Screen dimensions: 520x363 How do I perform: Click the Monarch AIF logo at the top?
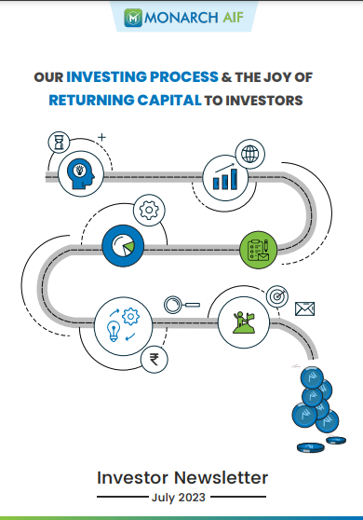tap(181, 17)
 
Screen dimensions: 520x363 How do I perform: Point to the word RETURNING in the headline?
tap(94, 100)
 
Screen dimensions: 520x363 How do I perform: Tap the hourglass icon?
tap(57, 143)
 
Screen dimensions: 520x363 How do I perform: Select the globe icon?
tap(249, 153)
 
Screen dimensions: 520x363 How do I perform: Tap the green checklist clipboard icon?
tap(258, 248)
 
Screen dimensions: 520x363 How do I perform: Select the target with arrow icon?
tap(276, 295)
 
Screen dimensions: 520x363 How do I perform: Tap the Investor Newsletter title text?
tap(182, 477)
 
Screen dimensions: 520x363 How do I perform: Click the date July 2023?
tap(181, 498)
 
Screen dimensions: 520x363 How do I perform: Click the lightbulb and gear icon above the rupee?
tap(119, 321)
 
